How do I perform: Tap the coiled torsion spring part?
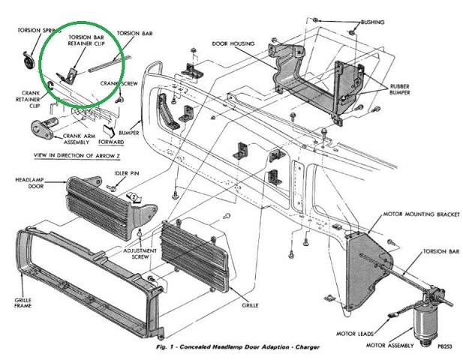point(29,61)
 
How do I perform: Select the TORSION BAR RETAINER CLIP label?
point(86,40)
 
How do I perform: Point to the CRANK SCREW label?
point(119,83)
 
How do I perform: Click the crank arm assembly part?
point(44,128)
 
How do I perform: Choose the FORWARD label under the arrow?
point(111,142)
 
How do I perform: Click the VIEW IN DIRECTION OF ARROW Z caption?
point(77,155)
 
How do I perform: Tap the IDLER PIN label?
point(126,173)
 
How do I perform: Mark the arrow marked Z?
point(134,197)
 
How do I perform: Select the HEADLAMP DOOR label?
point(29,183)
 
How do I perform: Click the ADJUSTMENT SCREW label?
point(140,253)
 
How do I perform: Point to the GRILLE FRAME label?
point(23,303)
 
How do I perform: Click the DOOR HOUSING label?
point(233,43)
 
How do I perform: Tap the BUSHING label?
point(373,22)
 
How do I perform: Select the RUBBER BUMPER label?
point(400,89)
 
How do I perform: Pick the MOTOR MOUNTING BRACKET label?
point(422,214)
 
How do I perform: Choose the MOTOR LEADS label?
point(355,334)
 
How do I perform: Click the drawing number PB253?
point(445,346)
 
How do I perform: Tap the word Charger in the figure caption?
point(307,347)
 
